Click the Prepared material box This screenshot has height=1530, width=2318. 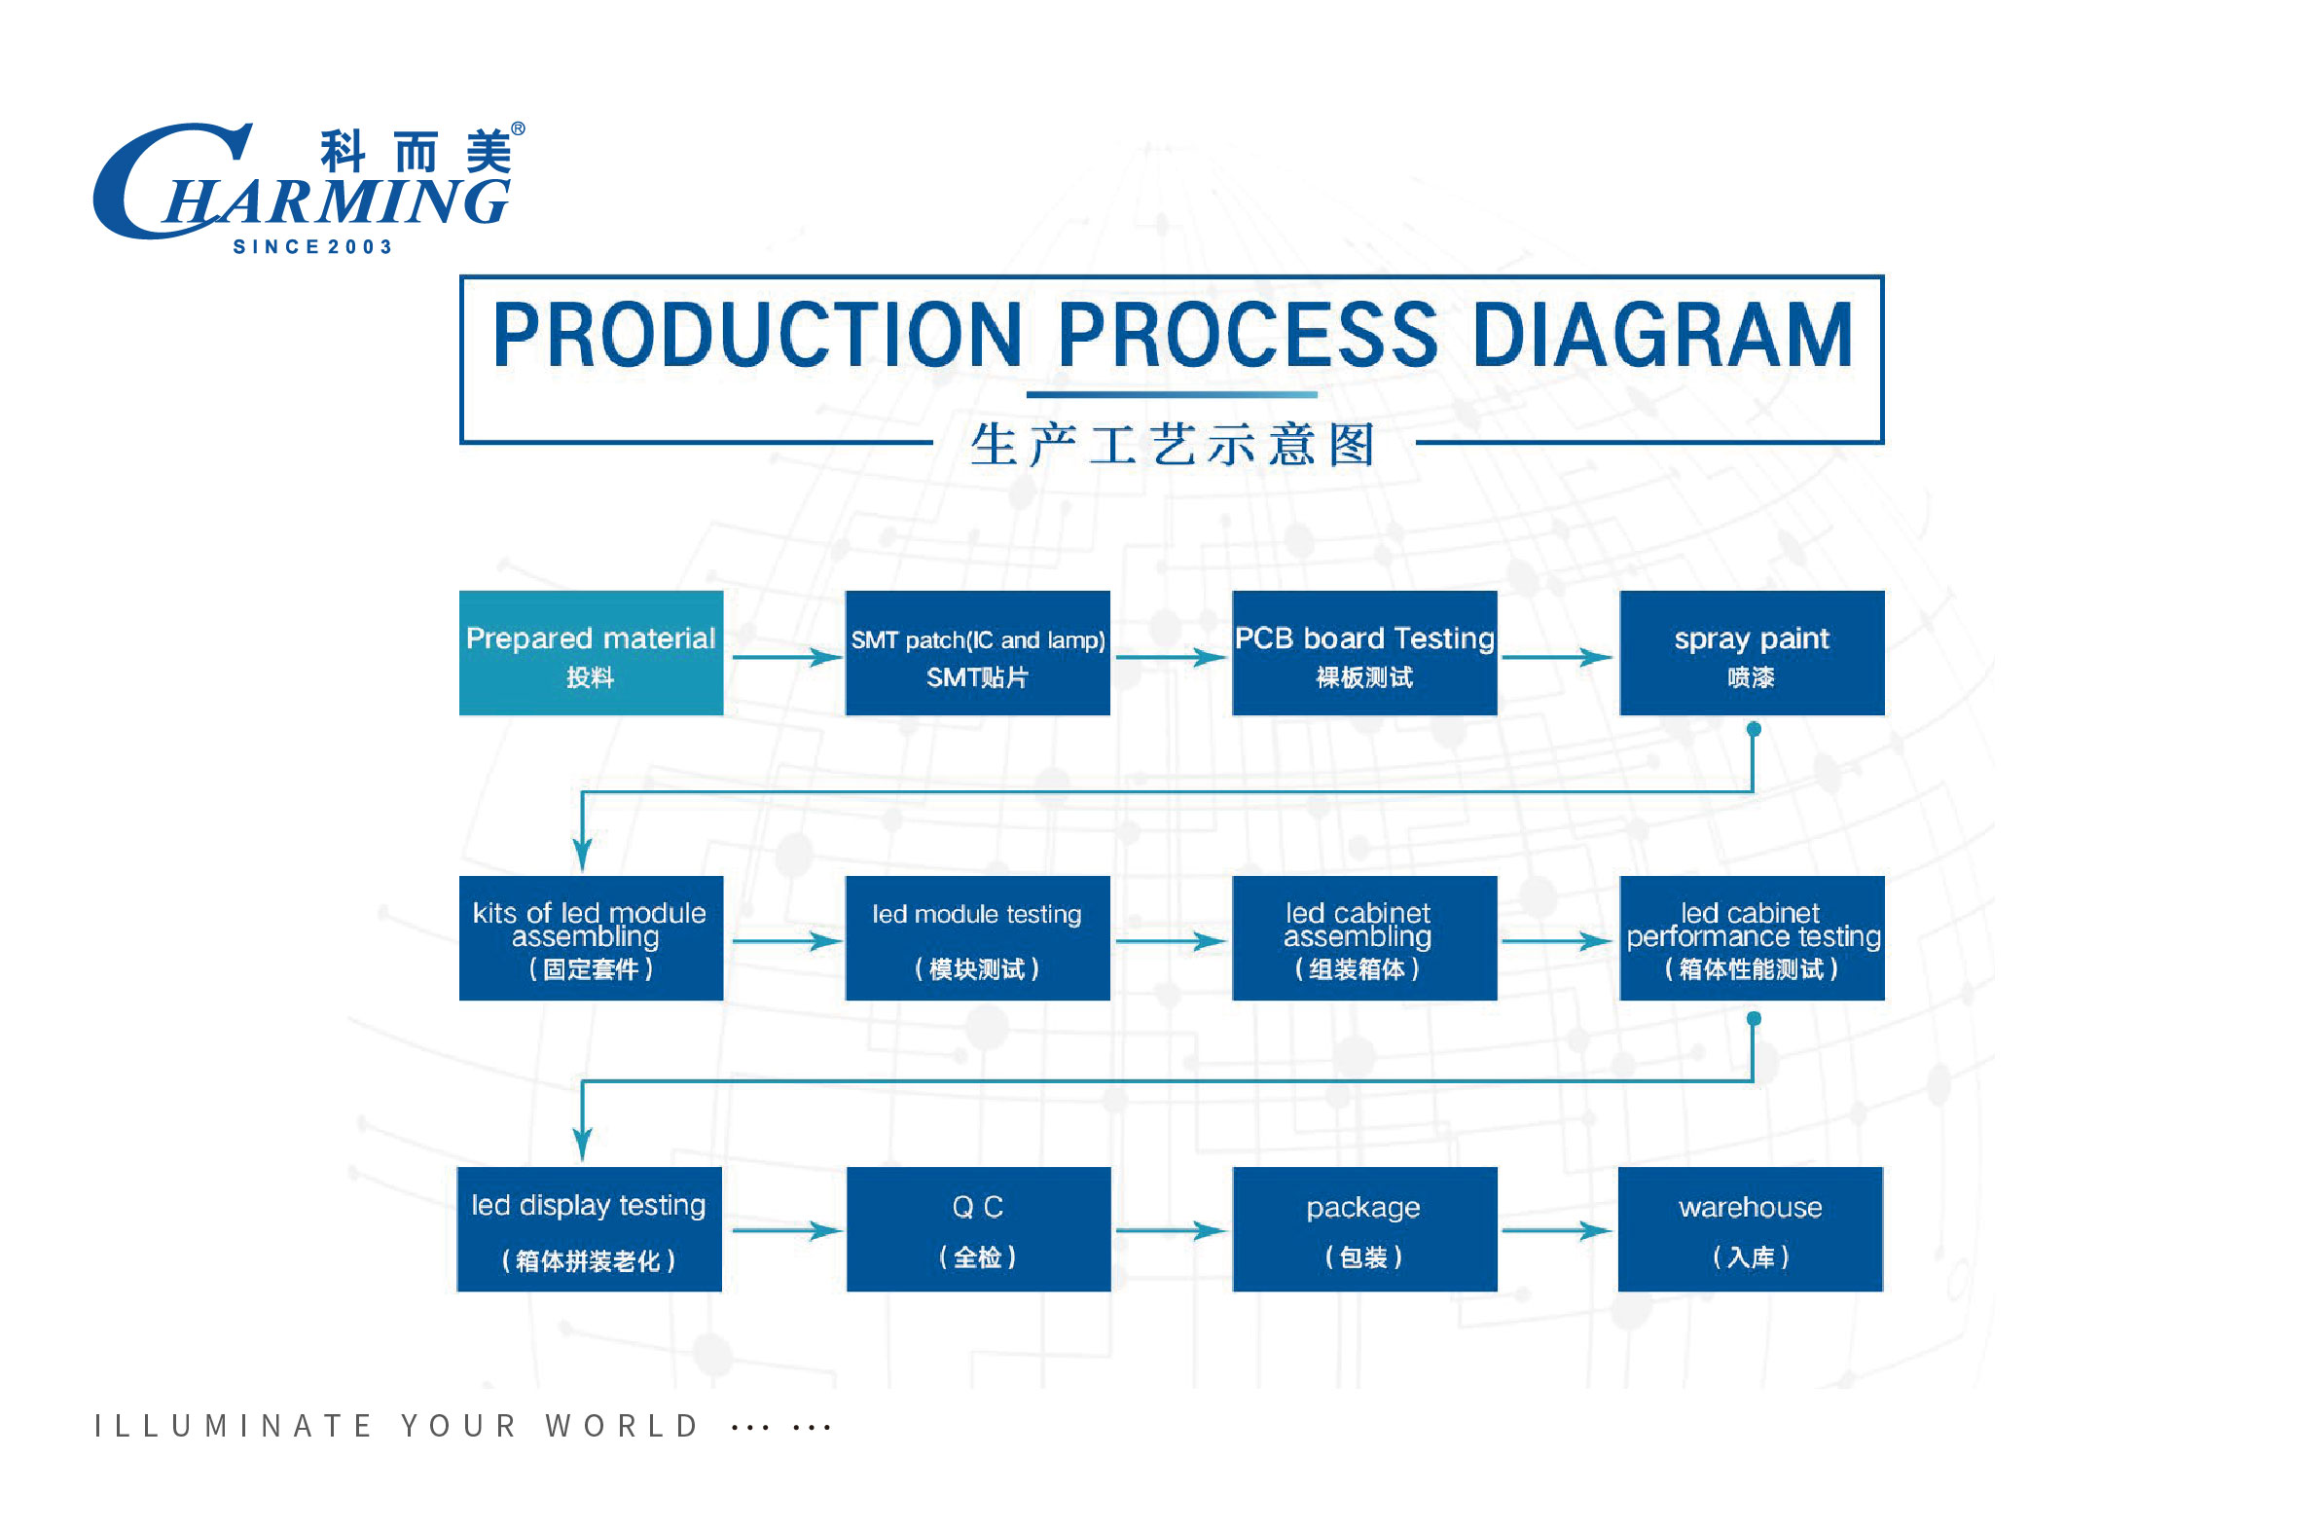[592, 653]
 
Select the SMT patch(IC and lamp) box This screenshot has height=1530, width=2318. [978, 653]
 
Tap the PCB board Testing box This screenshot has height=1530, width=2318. [1364, 653]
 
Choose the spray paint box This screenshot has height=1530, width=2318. [1753, 653]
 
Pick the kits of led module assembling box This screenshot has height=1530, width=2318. [592, 937]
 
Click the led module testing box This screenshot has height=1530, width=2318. [978, 937]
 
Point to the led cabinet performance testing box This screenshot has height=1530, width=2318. [1753, 937]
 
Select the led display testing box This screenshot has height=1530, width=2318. [590, 1228]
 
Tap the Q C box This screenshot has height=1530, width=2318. [979, 1228]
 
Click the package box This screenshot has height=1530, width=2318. [1365, 1228]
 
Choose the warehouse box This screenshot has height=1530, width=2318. [1751, 1228]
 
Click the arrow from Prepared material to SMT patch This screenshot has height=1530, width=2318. [787, 657]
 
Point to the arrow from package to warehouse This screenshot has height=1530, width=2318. [1557, 1230]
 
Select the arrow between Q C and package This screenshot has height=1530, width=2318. [1171, 1230]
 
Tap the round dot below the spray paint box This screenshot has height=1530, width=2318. [1754, 729]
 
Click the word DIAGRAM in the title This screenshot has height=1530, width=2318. [1662, 335]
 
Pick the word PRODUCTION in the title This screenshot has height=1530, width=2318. [757, 335]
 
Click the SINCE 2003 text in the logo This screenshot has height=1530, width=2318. [312, 247]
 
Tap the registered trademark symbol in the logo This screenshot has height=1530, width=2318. [518, 128]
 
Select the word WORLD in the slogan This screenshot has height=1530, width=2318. [623, 1426]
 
